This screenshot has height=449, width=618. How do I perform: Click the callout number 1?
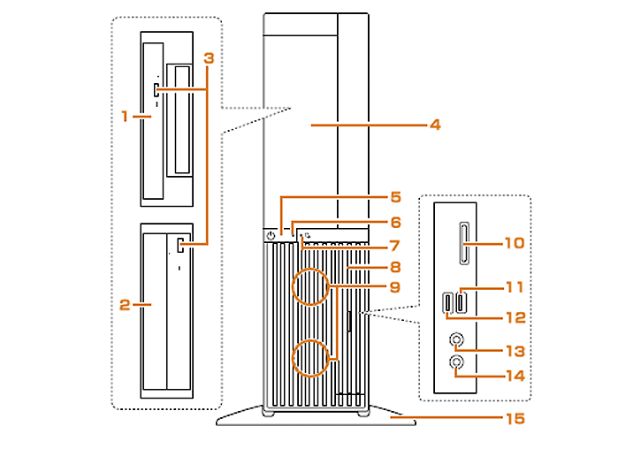click(x=125, y=116)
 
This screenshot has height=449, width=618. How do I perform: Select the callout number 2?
click(x=125, y=304)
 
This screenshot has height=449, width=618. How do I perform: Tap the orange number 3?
click(x=209, y=58)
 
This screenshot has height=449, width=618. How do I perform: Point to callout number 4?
click(x=435, y=125)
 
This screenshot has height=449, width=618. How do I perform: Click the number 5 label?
click(x=396, y=197)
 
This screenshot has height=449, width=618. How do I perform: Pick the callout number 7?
click(x=395, y=246)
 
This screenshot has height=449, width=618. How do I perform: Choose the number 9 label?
click(x=395, y=286)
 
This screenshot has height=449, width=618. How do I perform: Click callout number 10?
click(x=515, y=243)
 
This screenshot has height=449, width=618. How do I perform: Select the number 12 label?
click(x=515, y=317)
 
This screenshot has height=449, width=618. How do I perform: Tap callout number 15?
click(x=515, y=418)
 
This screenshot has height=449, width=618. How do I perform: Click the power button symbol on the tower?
click(x=271, y=236)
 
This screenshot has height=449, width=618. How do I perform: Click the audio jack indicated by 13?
click(x=456, y=339)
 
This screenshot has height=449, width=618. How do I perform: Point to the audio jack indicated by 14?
click(x=456, y=362)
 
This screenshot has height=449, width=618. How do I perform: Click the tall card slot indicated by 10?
click(x=464, y=243)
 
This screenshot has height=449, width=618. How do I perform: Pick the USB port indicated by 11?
click(x=462, y=302)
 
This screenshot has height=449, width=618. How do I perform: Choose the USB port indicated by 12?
click(x=448, y=302)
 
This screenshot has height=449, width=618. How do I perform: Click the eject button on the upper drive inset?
click(x=156, y=90)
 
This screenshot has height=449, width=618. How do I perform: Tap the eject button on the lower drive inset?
click(x=180, y=245)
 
